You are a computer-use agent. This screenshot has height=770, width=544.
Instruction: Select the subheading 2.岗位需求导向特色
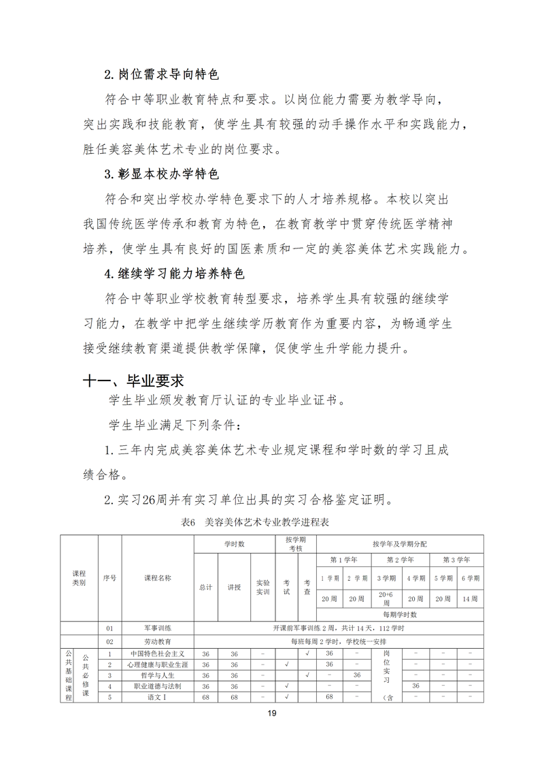[161, 74]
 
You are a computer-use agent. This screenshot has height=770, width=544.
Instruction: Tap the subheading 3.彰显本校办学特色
[161, 174]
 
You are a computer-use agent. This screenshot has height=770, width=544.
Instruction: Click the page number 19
[271, 714]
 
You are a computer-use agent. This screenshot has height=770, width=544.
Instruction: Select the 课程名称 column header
[157, 577]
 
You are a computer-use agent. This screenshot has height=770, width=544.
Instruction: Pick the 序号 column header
[109, 577]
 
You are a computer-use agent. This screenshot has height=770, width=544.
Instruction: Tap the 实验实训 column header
[262, 587]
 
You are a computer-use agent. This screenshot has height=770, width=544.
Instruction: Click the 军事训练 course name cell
[157, 628]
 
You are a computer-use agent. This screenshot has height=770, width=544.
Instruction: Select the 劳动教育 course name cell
[157, 641]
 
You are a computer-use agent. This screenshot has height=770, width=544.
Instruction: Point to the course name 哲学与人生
[157, 675]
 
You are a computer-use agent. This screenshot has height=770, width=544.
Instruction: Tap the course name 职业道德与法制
[157, 686]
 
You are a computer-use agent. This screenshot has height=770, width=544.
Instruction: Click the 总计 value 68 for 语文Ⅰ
[205, 697]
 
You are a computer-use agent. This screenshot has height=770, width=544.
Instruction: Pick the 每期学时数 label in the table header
[400, 614]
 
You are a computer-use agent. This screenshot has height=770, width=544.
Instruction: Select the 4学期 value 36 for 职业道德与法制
[415, 686]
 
